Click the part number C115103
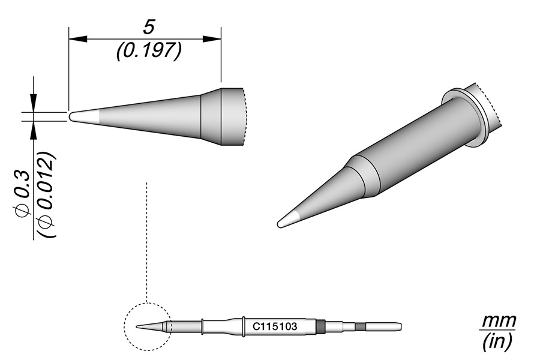pyautogui.click(x=278, y=328)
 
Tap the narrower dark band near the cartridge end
pyautogui.click(x=359, y=327)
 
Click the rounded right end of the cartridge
pyautogui.click(x=398, y=327)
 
